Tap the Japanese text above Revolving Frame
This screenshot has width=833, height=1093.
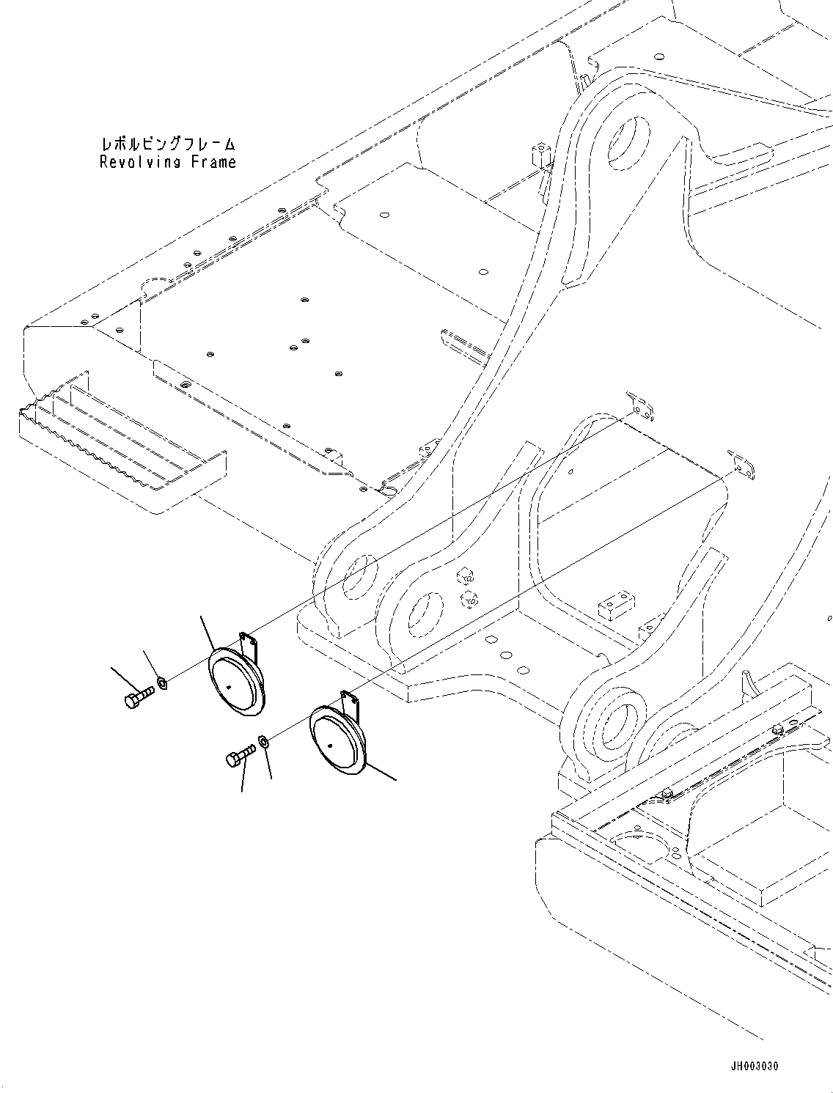click(x=168, y=144)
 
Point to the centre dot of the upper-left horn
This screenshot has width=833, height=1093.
click(x=230, y=687)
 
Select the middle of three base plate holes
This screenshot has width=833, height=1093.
click(x=505, y=654)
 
